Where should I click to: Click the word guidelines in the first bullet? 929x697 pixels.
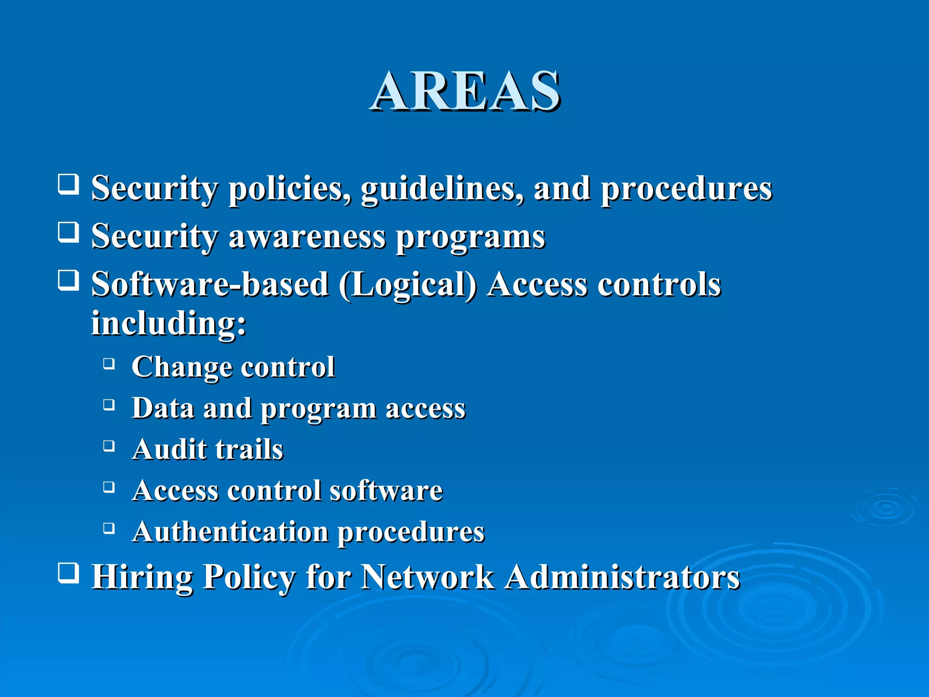tap(442, 189)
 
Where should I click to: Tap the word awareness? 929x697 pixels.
tap(307, 237)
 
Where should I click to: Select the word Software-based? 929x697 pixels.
tap(210, 285)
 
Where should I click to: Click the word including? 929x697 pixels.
tap(169, 324)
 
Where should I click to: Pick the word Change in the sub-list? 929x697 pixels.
tap(181, 368)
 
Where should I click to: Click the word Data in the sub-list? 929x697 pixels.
tap(163, 408)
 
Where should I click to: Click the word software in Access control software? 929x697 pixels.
tap(386, 491)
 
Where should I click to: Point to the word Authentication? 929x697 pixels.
tap(230, 532)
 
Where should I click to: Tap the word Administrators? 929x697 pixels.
tap(622, 577)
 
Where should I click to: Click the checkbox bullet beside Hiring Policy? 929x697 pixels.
tap(68, 573)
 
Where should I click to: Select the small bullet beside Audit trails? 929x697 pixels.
tap(109, 446)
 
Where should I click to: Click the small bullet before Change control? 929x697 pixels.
tap(109, 363)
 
